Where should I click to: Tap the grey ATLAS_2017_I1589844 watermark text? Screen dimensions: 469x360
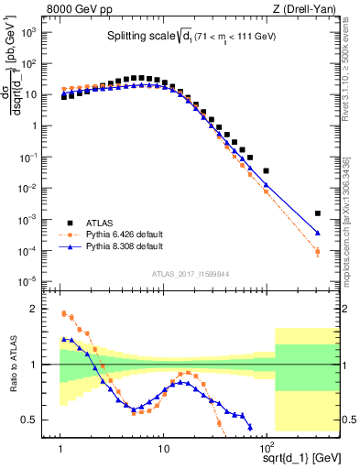[x=190, y=273]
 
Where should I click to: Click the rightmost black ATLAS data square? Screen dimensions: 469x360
[x=318, y=213]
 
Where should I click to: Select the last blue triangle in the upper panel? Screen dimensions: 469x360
[x=318, y=233]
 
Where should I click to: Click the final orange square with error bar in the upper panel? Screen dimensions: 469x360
[x=318, y=251]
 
